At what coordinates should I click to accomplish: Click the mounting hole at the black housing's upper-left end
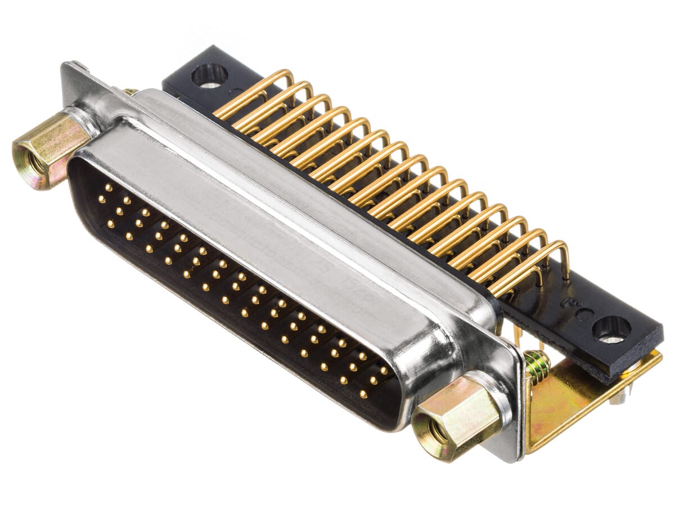coord(209,75)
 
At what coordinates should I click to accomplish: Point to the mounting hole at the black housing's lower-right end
coord(612,329)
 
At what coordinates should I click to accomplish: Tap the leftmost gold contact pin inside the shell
coord(101,198)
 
